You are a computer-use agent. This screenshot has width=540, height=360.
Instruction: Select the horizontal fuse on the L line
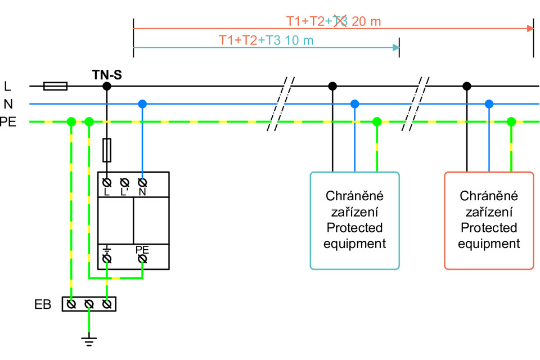point(56,86)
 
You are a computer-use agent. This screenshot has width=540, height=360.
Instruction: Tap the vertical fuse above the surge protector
point(107,150)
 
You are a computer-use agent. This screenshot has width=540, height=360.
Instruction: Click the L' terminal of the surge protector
point(125,183)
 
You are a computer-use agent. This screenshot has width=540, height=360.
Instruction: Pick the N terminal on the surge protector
point(142,183)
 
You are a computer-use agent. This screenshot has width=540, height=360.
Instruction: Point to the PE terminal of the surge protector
point(142,258)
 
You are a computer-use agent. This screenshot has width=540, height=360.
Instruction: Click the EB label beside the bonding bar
point(42,305)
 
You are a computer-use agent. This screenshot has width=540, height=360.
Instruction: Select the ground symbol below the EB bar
point(89,339)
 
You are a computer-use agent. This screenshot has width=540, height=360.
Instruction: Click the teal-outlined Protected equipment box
point(354,220)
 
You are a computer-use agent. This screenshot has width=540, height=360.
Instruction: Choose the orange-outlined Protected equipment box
point(488,220)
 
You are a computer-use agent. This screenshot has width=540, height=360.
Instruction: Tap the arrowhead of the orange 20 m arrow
point(530,28)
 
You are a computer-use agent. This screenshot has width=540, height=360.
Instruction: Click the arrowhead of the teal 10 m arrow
point(395,48)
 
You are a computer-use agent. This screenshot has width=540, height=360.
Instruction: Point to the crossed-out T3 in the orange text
point(341,21)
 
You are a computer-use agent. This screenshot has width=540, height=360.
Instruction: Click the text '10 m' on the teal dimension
point(299,40)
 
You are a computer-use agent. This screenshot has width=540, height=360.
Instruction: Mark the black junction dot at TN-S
point(107,86)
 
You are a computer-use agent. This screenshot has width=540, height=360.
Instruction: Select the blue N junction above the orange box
point(489,103)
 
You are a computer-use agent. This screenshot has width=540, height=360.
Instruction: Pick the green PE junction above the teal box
point(377,121)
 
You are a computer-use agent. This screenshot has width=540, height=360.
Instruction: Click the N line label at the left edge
point(7,103)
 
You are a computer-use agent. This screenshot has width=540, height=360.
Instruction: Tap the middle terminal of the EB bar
point(89,304)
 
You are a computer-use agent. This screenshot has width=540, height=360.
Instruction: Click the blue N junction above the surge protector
point(142,103)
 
